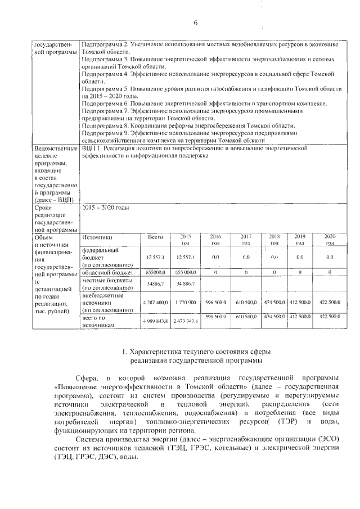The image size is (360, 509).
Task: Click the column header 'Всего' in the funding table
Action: (155, 238)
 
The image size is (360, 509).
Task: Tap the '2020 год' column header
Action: (330, 240)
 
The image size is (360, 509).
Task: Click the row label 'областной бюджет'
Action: (107, 272)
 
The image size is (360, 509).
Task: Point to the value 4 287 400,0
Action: (155, 302)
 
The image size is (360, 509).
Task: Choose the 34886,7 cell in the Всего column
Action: (155, 283)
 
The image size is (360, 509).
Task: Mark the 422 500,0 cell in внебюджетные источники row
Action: (330, 302)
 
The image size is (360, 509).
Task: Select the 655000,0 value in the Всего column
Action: (155, 272)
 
